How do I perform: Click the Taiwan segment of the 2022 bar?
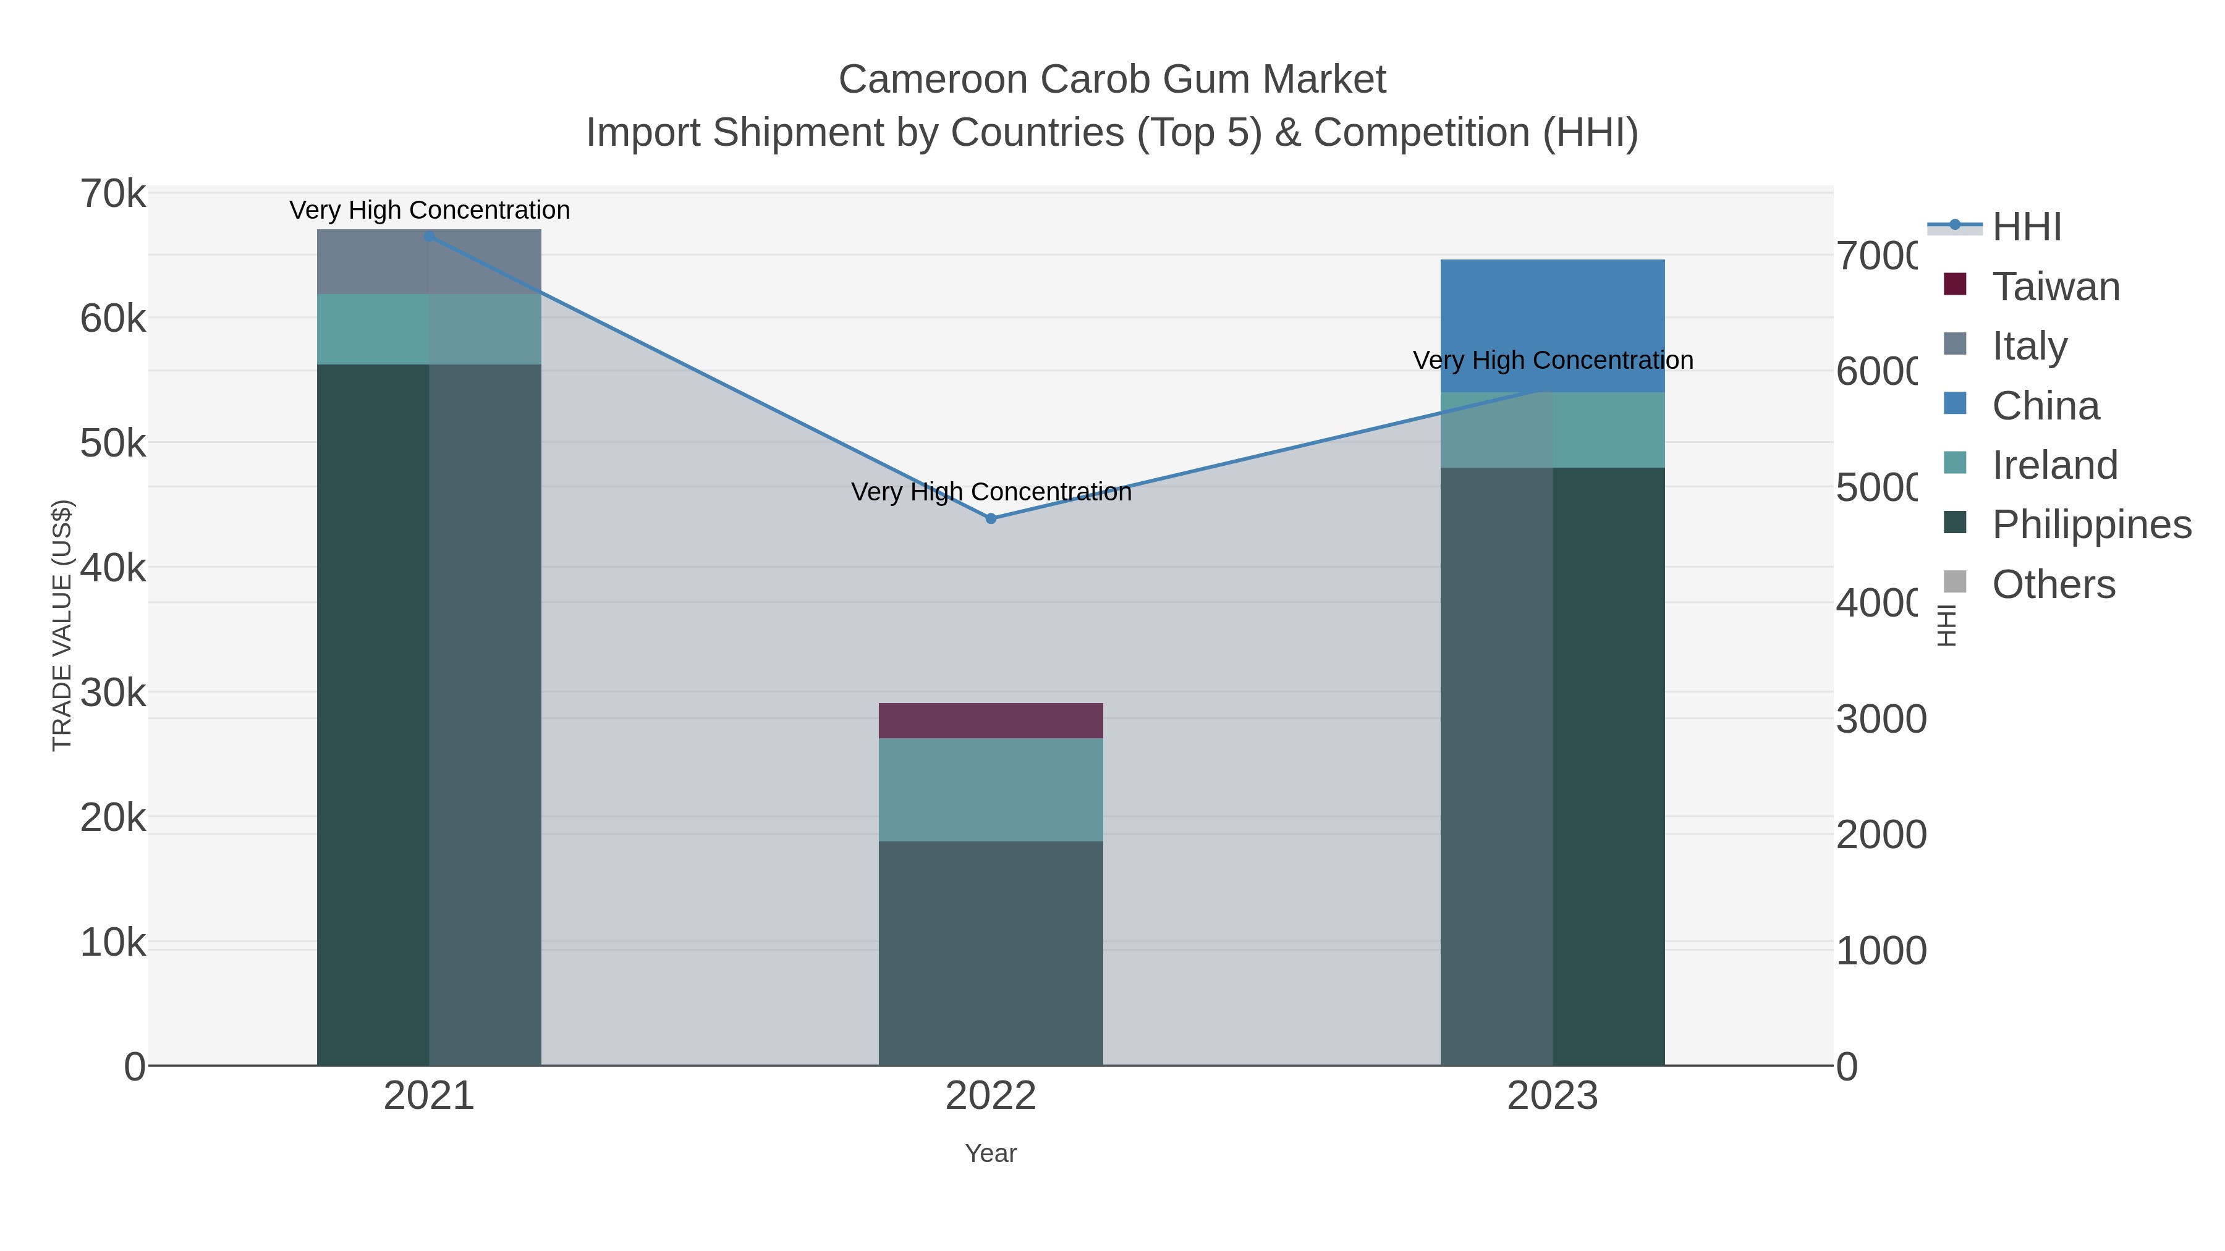pyautogui.click(x=991, y=720)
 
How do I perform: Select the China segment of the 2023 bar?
pyautogui.click(x=1552, y=326)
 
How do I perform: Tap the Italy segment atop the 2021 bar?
pyautogui.click(x=430, y=261)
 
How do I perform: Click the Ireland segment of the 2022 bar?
pyautogui.click(x=991, y=789)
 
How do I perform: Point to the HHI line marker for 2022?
pyautogui.click(x=991, y=519)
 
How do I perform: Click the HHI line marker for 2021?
pyautogui.click(x=430, y=236)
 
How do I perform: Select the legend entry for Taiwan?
pyautogui.click(x=2055, y=287)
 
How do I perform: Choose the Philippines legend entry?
pyautogui.click(x=2091, y=524)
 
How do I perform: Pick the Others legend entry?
pyautogui.click(x=2053, y=584)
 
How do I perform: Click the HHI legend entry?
pyautogui.click(x=2027, y=227)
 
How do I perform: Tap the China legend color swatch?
pyautogui.click(x=1955, y=403)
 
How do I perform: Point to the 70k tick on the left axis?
pyautogui.click(x=113, y=194)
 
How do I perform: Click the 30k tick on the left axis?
pyautogui.click(x=113, y=693)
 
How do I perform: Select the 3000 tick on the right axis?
pyautogui.click(x=1880, y=719)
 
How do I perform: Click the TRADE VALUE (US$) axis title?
pyautogui.click(x=62, y=625)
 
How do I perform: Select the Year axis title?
pyautogui.click(x=991, y=1153)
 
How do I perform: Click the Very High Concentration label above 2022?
pyautogui.click(x=991, y=492)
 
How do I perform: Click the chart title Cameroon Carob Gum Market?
pyautogui.click(x=1112, y=80)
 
